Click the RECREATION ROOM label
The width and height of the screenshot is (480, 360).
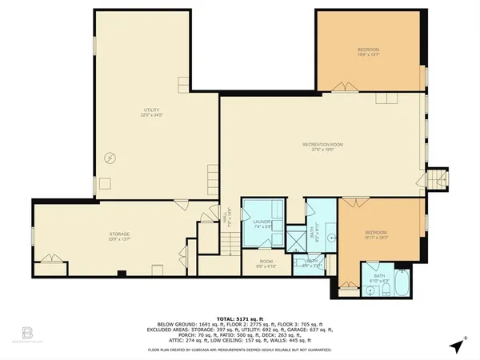pyautogui.click(x=322, y=146)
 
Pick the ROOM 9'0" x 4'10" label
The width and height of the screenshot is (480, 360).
pyautogui.click(x=265, y=263)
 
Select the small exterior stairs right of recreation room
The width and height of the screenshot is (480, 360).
pyautogui.click(x=437, y=180)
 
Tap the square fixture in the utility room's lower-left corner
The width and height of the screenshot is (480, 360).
pyautogui.click(x=105, y=183)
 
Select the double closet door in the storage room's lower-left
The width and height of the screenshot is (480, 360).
pyautogui.click(x=47, y=258)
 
